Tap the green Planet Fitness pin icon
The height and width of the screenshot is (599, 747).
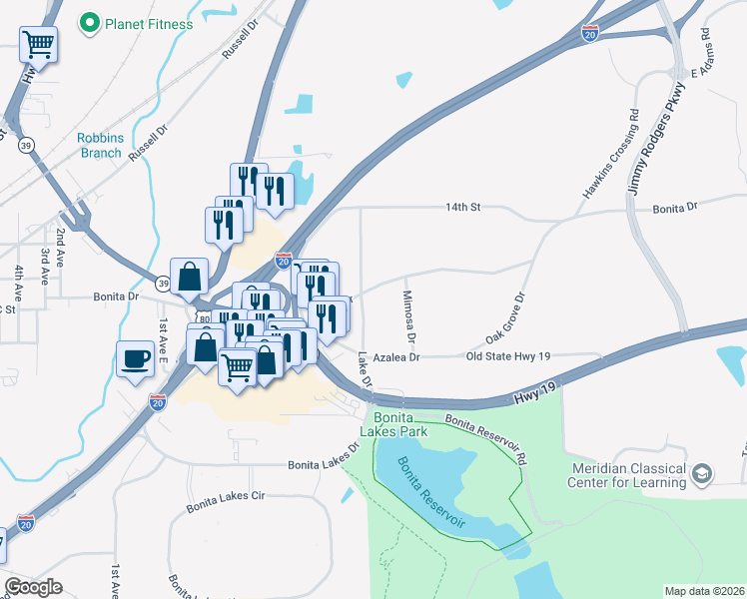point(90,20)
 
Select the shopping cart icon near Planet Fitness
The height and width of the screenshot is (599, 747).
point(38,43)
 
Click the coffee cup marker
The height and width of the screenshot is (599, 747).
point(135,358)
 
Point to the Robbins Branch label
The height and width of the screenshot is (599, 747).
point(100,146)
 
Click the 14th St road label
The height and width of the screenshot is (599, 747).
point(463,208)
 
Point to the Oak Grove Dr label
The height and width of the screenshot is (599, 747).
point(504,318)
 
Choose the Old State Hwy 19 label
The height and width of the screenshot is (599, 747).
point(508,356)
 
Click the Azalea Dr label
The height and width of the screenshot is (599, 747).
point(390,356)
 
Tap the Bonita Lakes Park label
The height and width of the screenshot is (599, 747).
point(400,424)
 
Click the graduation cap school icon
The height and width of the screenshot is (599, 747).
point(702,472)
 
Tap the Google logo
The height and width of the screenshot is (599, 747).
point(33,587)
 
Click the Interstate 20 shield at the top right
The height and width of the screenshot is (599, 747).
point(590,34)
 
